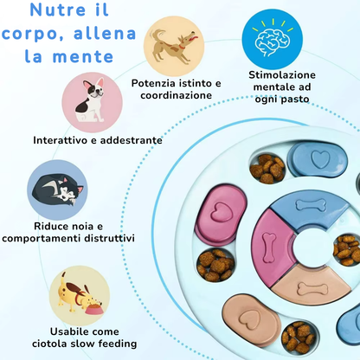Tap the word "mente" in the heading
point(83,56)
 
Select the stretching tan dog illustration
point(174,46)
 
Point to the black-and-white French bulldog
point(90,101)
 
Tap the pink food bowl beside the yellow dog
point(93,308)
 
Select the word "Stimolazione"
point(282,75)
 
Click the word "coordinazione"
point(177,95)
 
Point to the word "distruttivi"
point(110,239)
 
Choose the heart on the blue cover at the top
point(320,159)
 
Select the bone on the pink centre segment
point(268,247)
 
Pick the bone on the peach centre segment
point(312,288)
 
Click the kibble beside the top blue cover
point(267,168)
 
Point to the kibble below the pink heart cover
point(215,265)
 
